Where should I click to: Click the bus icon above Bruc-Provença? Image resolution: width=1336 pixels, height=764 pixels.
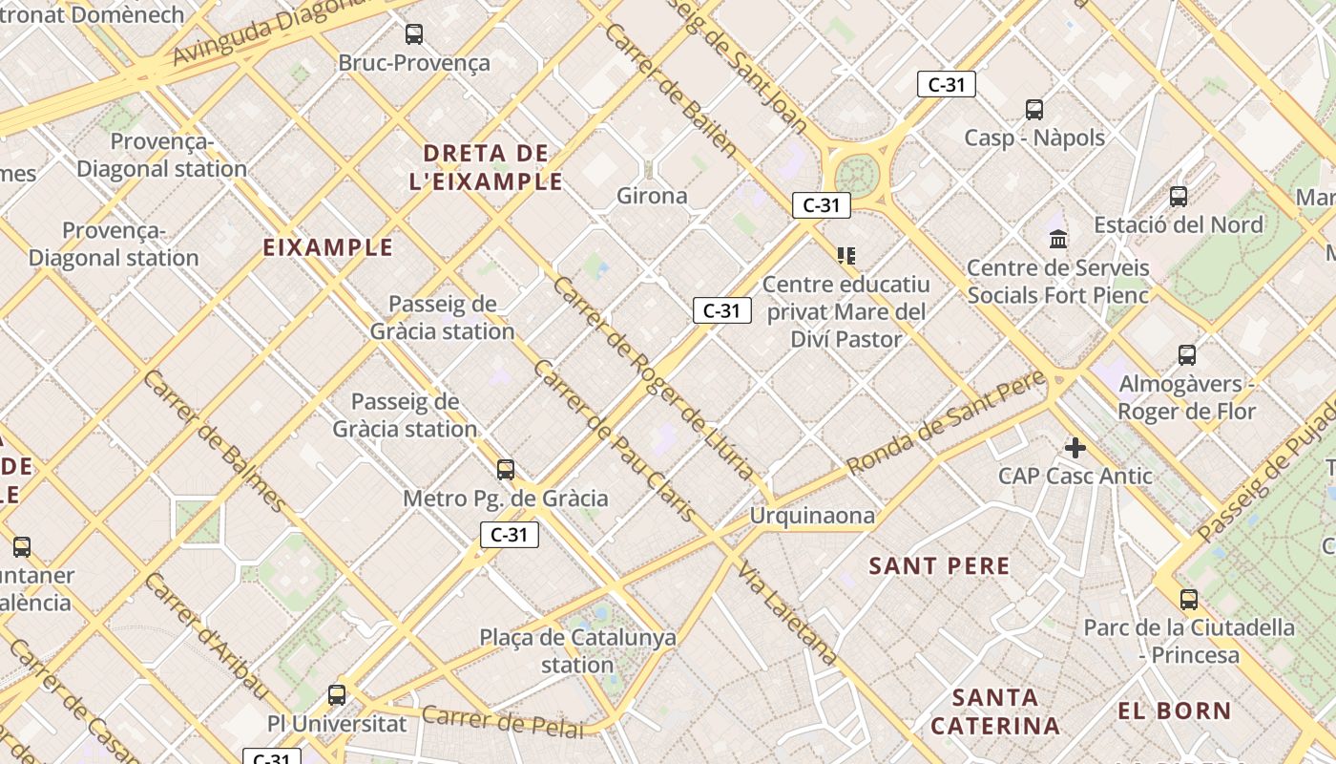pyautogui.click(x=414, y=34)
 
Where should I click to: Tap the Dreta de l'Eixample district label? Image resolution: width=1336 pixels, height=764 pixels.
pyautogui.click(x=486, y=167)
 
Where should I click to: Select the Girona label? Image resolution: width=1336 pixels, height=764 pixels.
pyautogui.click(x=652, y=196)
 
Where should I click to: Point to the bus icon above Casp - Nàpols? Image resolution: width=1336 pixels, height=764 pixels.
pyautogui.click(x=1034, y=110)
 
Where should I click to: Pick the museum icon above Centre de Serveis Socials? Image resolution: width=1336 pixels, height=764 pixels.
pyautogui.click(x=1058, y=239)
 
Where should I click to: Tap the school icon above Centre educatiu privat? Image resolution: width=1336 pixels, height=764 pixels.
pyautogui.click(x=845, y=255)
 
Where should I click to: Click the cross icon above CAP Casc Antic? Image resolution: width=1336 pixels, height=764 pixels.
pyautogui.click(x=1075, y=447)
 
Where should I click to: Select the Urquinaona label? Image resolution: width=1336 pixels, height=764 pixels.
pyautogui.click(x=812, y=516)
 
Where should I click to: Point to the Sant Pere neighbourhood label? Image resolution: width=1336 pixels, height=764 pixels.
pyautogui.click(x=939, y=565)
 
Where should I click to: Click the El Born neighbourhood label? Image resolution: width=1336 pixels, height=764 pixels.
pyautogui.click(x=1175, y=711)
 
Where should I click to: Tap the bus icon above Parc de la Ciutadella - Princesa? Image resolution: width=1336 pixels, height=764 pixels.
pyautogui.click(x=1188, y=600)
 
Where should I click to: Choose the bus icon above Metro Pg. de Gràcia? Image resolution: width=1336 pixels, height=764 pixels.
pyautogui.click(x=506, y=470)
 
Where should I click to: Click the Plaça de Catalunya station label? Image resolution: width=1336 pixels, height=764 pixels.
pyautogui.click(x=577, y=650)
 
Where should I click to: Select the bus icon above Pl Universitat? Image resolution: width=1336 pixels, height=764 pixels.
pyautogui.click(x=337, y=695)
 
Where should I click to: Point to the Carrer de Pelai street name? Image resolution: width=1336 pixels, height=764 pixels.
pyautogui.click(x=502, y=722)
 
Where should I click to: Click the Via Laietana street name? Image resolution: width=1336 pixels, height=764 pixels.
pyautogui.click(x=788, y=612)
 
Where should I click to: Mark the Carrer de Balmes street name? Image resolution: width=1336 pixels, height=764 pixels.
pyautogui.click(x=215, y=440)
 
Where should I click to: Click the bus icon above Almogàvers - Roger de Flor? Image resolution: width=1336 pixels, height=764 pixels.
pyautogui.click(x=1187, y=355)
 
